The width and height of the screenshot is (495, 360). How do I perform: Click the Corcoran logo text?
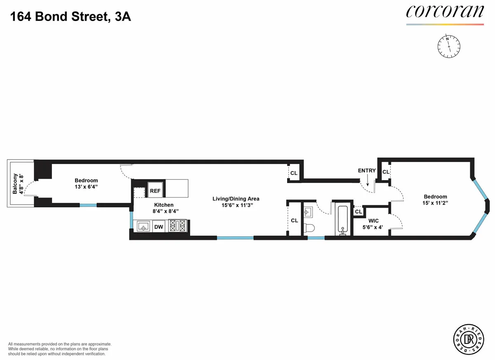445,12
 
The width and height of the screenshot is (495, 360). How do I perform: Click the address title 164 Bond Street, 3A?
71,17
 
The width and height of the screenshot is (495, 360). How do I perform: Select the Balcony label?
15,184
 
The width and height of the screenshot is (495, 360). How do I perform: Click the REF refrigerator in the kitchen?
155,191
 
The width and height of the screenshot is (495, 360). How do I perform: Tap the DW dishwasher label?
158,226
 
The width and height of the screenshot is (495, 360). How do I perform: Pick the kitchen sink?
143,226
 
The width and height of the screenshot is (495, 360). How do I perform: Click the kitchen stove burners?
177,226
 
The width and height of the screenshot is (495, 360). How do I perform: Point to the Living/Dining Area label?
236,199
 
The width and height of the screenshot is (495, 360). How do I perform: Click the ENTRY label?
367,171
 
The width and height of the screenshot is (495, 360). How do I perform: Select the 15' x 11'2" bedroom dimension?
435,203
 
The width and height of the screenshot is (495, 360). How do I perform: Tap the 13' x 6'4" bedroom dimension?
86,187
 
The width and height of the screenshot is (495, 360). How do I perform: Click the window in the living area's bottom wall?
235,238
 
